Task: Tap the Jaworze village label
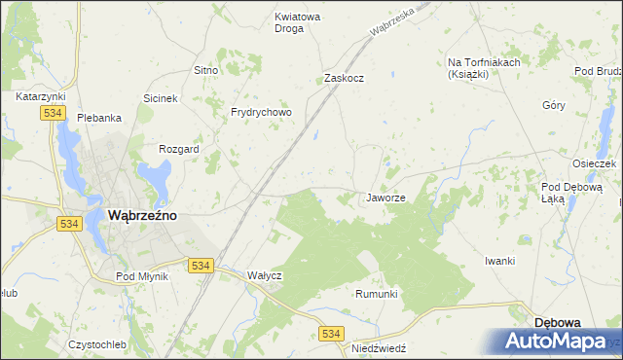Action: click(x=385, y=198)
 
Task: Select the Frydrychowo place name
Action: click(x=261, y=112)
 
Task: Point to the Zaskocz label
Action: click(x=344, y=78)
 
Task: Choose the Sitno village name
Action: click(x=204, y=71)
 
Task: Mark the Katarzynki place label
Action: click(x=40, y=97)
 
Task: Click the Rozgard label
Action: click(x=178, y=149)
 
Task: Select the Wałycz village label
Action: click(x=264, y=275)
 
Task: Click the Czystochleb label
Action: click(x=97, y=345)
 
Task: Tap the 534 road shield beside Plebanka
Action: click(x=54, y=114)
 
